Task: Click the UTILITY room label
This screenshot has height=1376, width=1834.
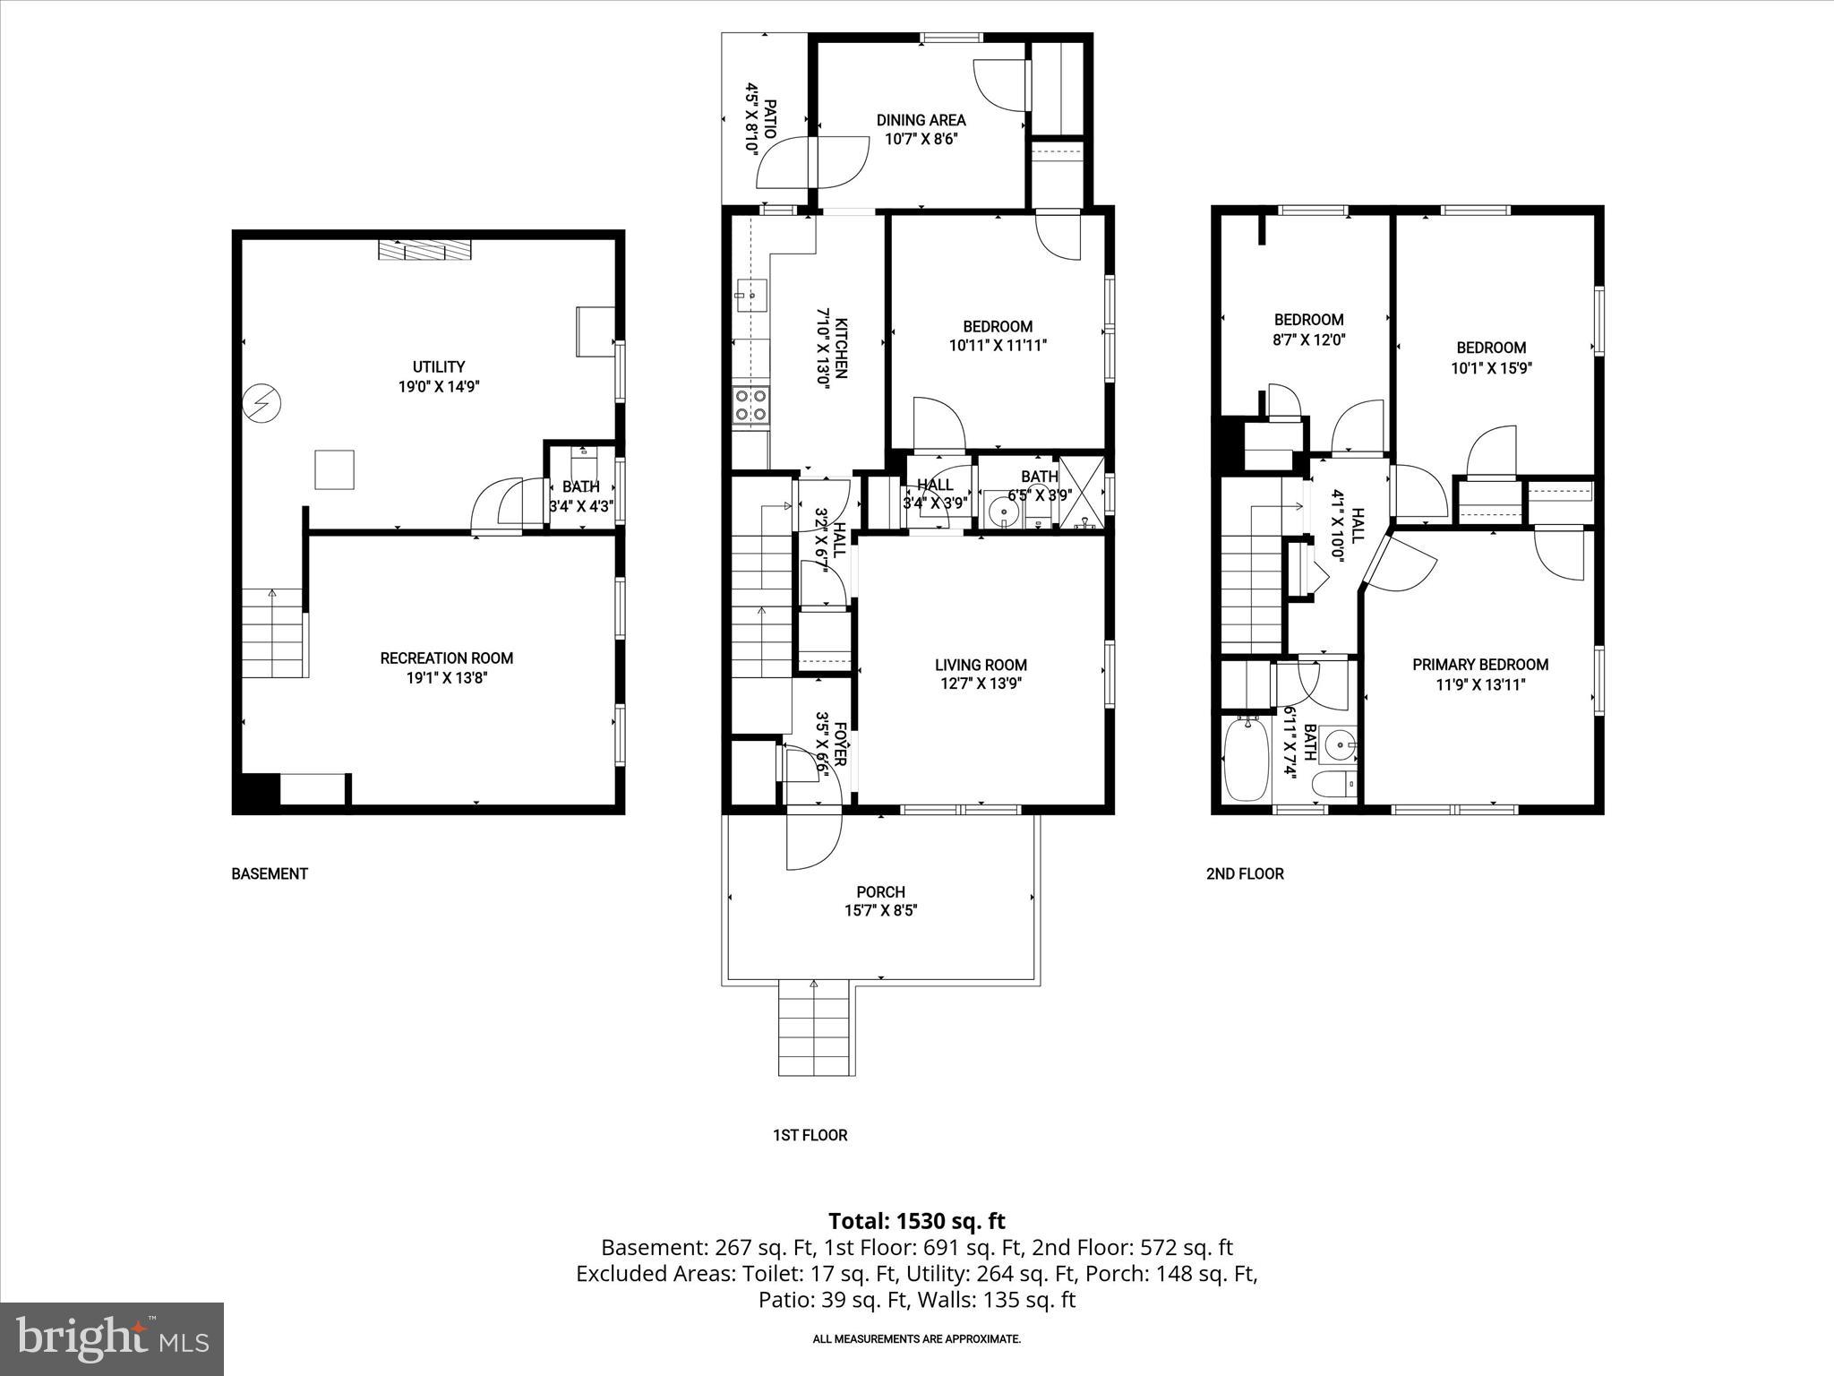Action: tap(439, 366)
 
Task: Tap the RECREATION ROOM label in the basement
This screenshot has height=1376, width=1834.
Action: tap(446, 658)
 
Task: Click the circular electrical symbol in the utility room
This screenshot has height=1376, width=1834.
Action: tap(262, 404)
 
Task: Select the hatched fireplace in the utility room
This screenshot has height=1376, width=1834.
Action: tap(423, 249)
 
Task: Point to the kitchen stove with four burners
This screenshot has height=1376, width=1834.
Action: tap(750, 404)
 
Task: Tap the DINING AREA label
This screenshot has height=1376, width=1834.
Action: tap(921, 120)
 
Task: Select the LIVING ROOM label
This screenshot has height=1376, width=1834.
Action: tap(981, 665)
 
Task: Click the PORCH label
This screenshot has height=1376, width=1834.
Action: tap(880, 892)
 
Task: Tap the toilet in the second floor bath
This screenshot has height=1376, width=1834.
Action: tap(1334, 786)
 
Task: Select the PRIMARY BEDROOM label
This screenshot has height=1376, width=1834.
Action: tap(1480, 665)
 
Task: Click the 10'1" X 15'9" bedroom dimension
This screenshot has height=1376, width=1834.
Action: tap(1491, 367)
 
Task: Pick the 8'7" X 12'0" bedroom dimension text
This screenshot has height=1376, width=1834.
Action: tap(1308, 340)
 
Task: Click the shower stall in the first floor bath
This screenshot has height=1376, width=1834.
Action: tap(1082, 494)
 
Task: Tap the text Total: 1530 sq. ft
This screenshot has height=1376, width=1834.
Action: tap(916, 1221)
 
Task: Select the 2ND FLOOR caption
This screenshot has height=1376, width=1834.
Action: tap(1245, 873)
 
